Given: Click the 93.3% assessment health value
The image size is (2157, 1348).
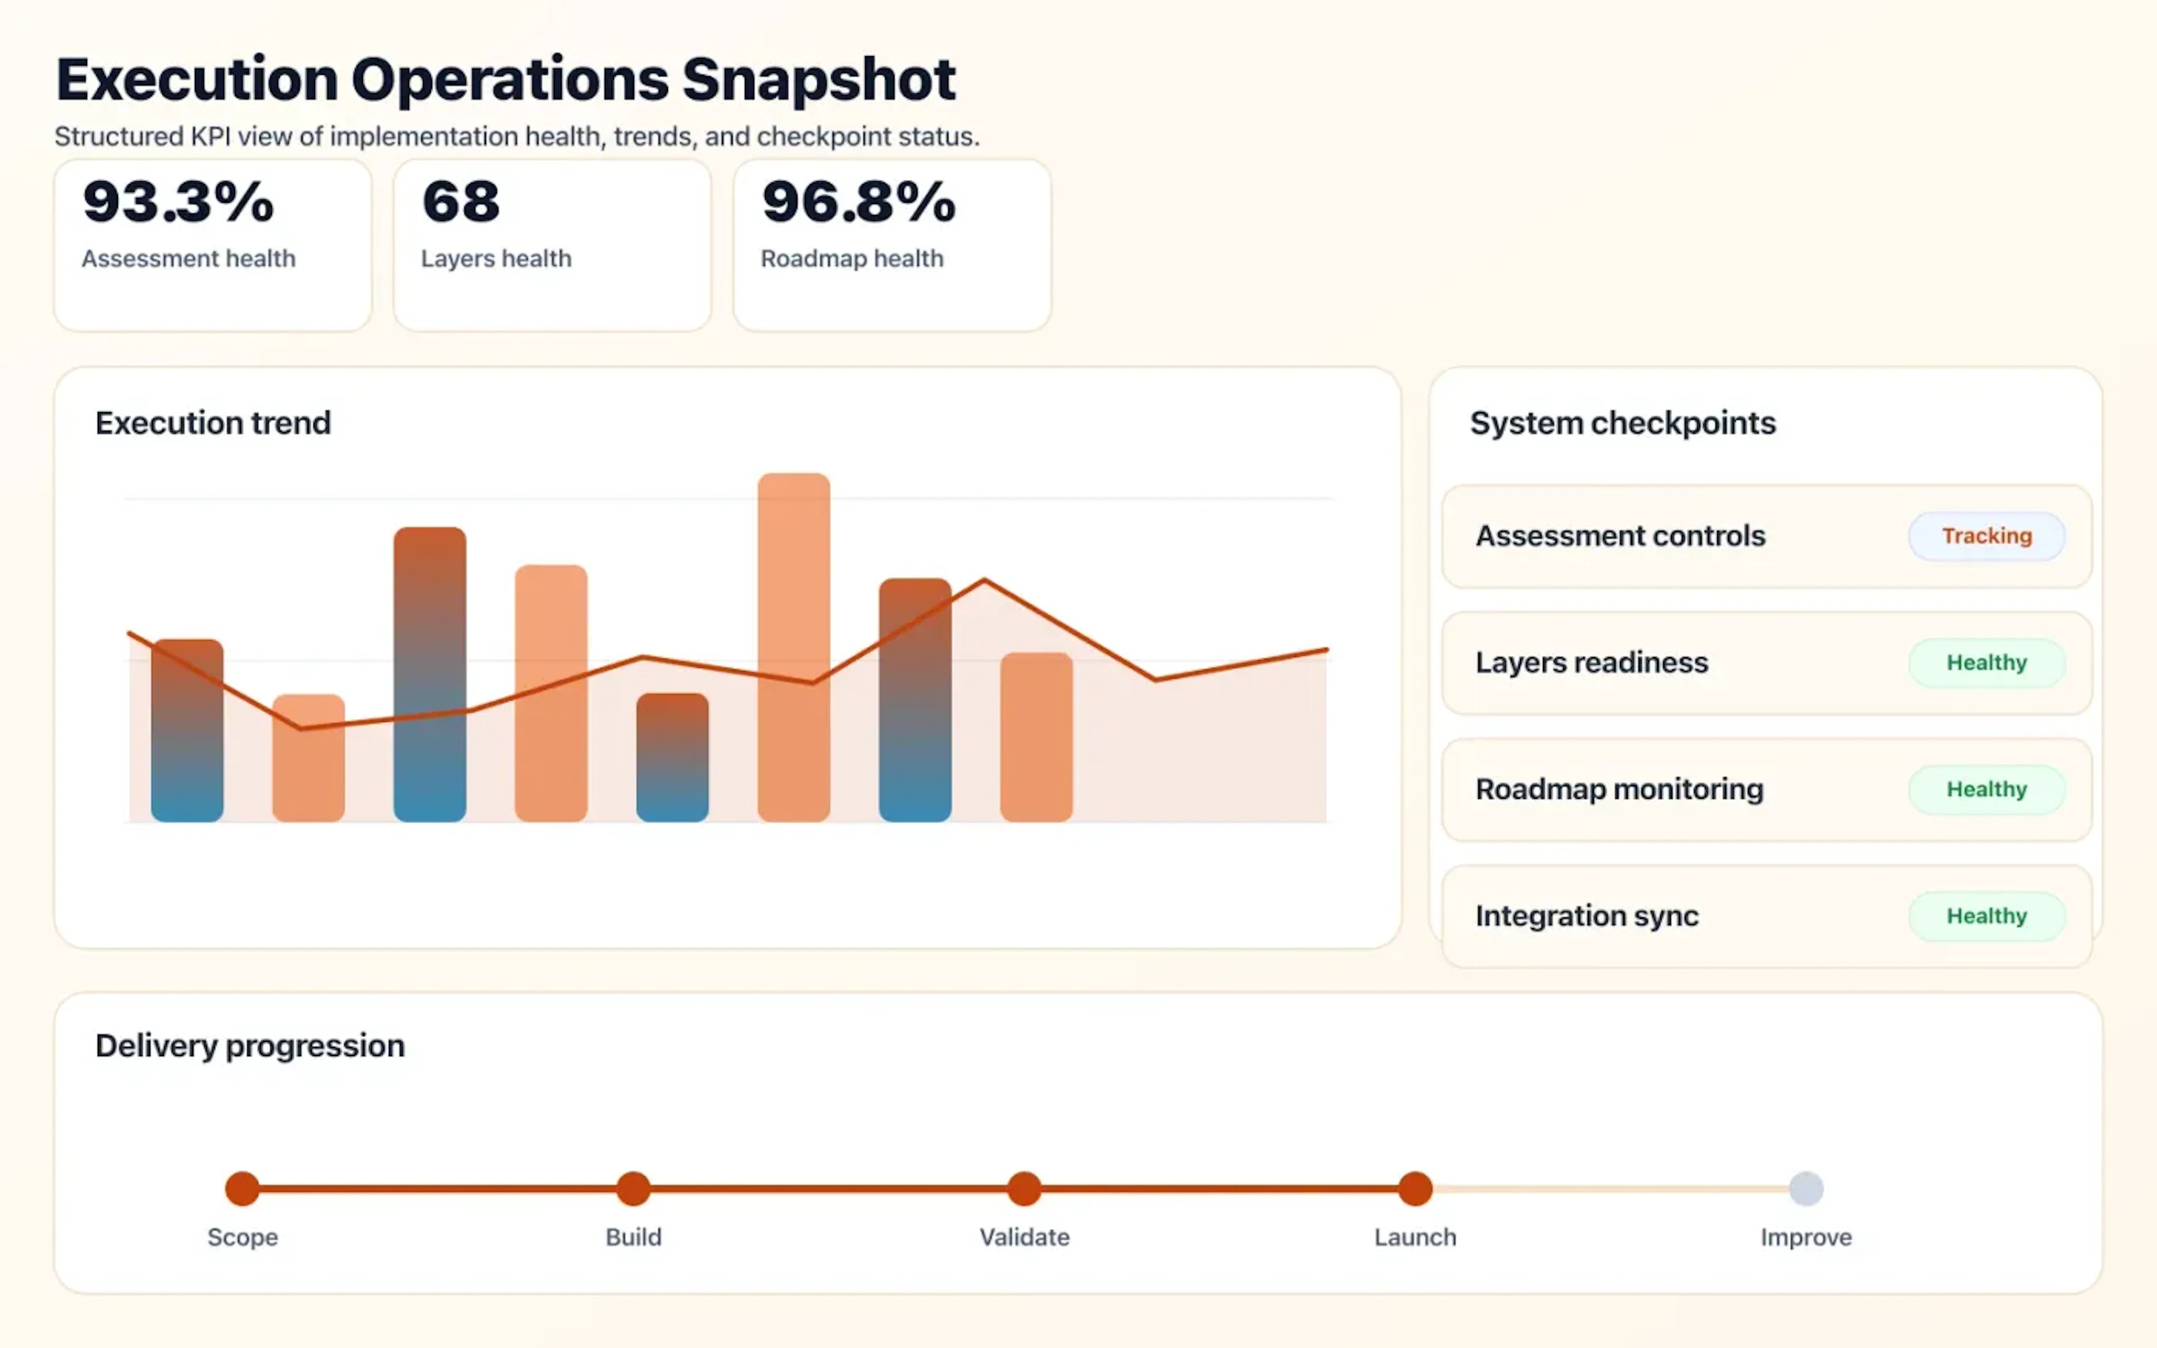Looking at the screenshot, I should tap(178, 202).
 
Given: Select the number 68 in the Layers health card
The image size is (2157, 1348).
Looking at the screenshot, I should tap(461, 202).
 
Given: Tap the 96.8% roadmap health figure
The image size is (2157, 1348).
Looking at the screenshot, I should tap(858, 202).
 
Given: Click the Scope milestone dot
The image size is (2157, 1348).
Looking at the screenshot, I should tap(243, 1188).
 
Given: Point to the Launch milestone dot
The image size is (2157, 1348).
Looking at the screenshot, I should tap(1414, 1188).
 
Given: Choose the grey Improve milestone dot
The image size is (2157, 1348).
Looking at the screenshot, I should tap(1806, 1188).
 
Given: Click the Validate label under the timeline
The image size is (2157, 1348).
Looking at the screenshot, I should tap(1024, 1237).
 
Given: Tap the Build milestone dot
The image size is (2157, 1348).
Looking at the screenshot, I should tap(633, 1188).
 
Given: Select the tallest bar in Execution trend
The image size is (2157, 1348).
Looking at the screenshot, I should tap(793, 646).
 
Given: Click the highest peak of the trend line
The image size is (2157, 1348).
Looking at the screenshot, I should tap(984, 581).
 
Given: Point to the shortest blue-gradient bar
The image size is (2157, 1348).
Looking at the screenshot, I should tap(672, 758).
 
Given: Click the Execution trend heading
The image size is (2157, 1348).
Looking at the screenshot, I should tap(213, 422).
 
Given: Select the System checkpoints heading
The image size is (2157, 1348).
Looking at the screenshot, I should tap(1622, 422).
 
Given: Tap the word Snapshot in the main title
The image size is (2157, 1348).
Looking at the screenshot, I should tap(818, 80).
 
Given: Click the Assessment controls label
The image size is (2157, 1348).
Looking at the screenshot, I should tap(1619, 536).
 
